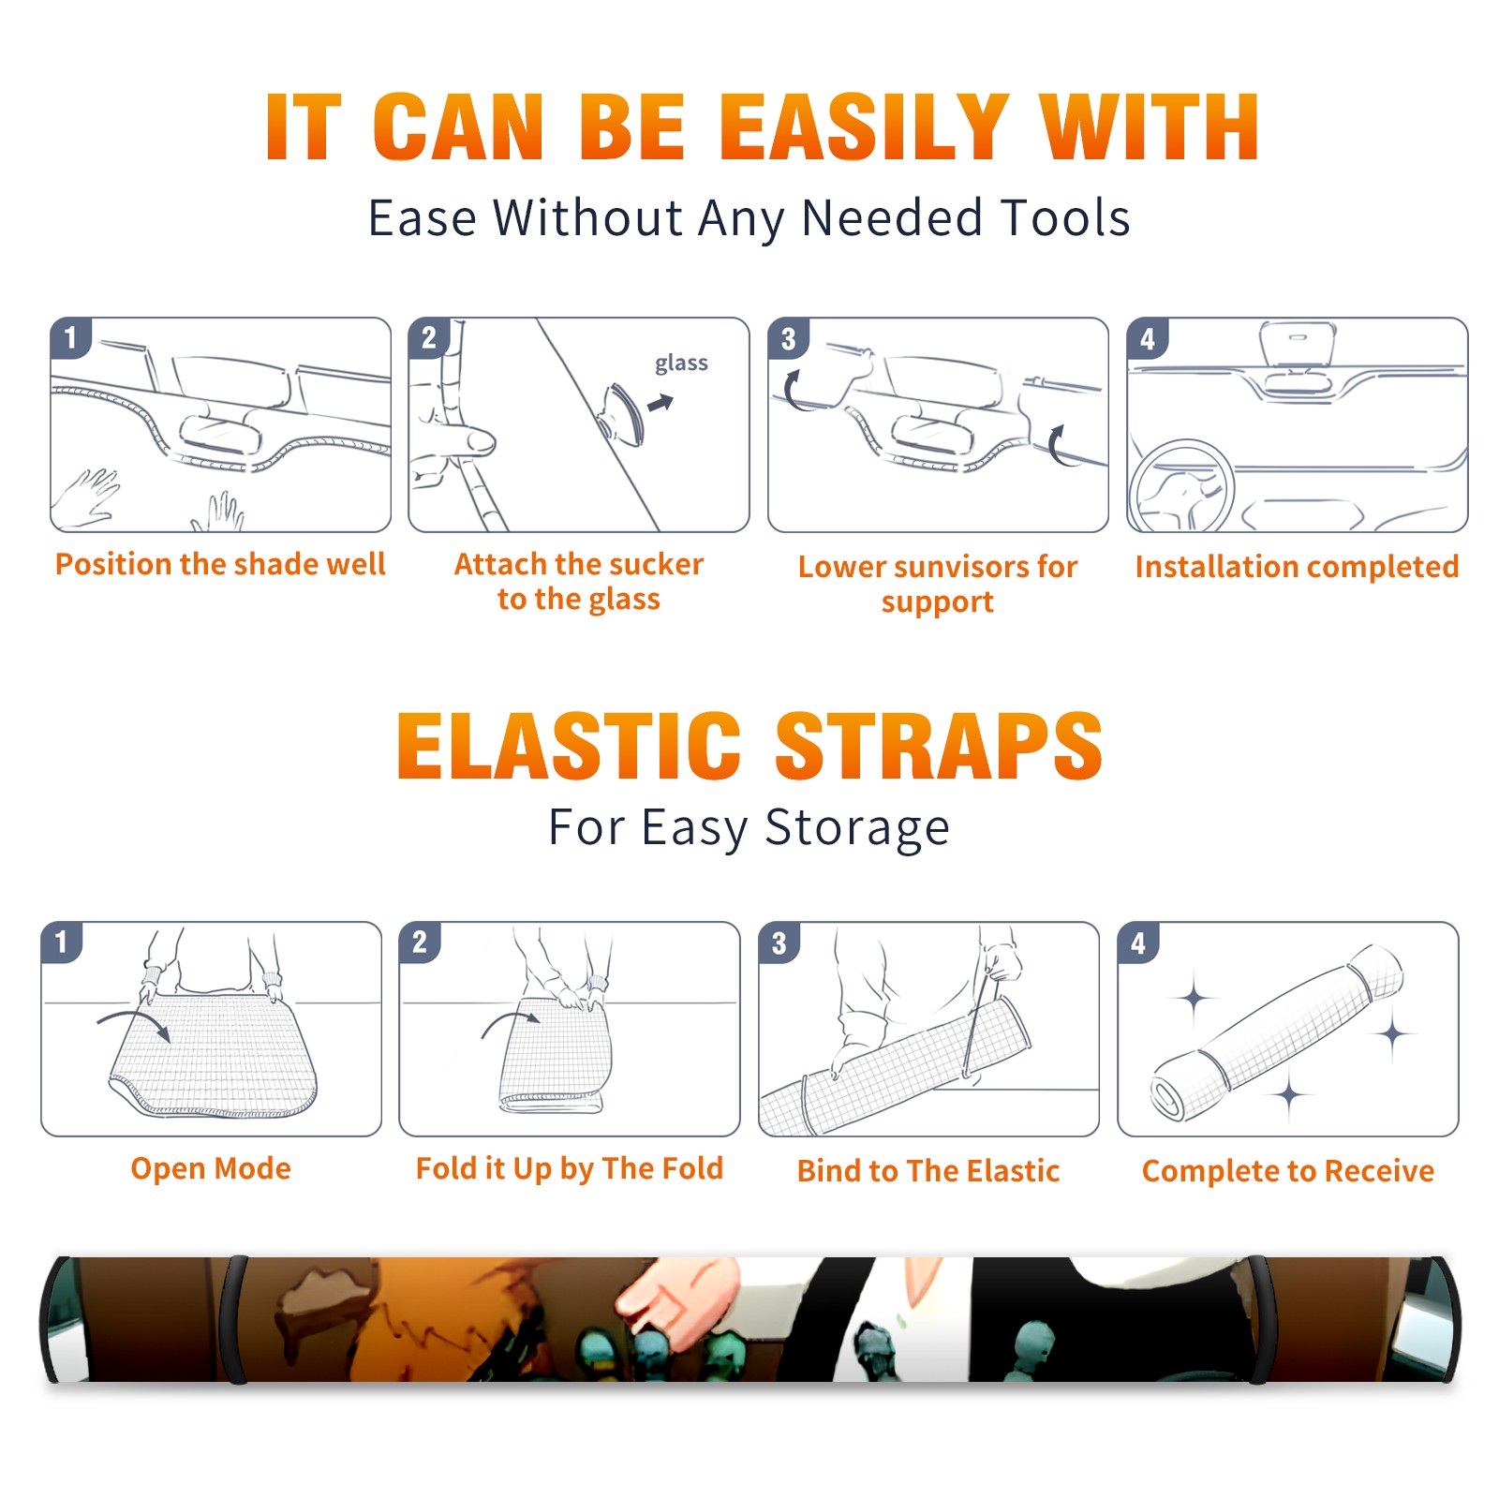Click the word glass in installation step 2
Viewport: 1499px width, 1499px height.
tap(681, 364)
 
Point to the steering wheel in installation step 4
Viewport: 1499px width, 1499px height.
tap(1181, 486)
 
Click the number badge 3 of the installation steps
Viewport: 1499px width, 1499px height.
tap(788, 338)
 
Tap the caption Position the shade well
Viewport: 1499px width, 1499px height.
tap(220, 564)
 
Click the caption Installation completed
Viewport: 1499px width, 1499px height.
tap(1297, 567)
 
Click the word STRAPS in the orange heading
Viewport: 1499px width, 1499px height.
tap(939, 746)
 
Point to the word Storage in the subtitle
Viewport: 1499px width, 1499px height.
tap(857, 828)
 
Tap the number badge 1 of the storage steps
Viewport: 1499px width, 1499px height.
tap(62, 942)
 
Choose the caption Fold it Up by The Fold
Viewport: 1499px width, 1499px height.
tap(570, 1168)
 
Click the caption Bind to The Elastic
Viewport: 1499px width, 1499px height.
tap(928, 1171)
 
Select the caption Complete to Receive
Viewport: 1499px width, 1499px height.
tap(1288, 1171)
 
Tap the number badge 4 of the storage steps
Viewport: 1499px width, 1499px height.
tap(1138, 942)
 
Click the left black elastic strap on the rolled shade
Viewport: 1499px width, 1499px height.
tap(234, 1319)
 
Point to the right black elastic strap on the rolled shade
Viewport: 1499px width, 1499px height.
tap(1259, 1319)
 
